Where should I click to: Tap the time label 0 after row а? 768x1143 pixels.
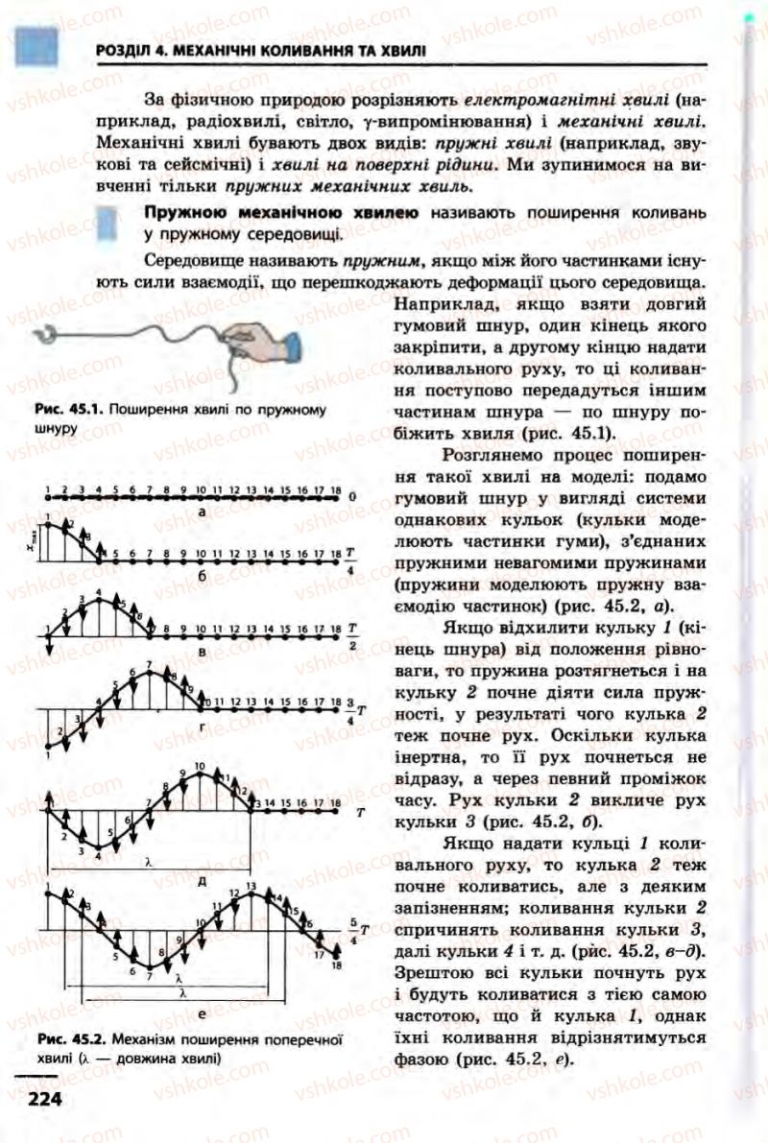(x=351, y=497)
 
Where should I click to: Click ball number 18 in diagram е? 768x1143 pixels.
(x=336, y=954)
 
